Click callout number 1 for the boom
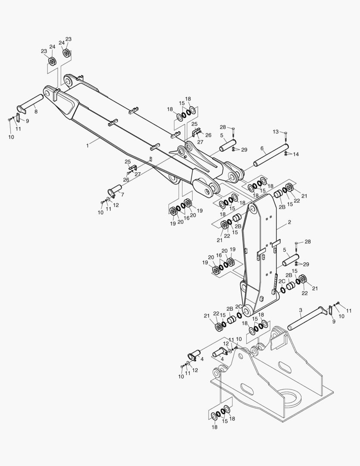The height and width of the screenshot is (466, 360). tap(87, 146)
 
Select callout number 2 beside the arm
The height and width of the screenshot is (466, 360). tap(289, 223)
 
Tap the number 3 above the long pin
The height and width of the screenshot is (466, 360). tap(300, 310)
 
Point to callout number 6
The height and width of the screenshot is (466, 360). tap(262, 148)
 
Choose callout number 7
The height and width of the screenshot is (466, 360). tap(122, 195)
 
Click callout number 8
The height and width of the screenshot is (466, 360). tap(36, 112)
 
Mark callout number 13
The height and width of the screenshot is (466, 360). tap(276, 132)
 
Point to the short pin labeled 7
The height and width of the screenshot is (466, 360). tap(114, 189)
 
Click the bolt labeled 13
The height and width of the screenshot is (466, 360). tap(285, 137)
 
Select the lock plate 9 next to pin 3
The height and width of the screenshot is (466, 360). tap(331, 310)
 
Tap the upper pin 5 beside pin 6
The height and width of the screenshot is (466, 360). tap(228, 145)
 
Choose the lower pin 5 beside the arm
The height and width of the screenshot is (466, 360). tap(291, 260)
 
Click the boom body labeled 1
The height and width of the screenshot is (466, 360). tap(129, 129)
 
